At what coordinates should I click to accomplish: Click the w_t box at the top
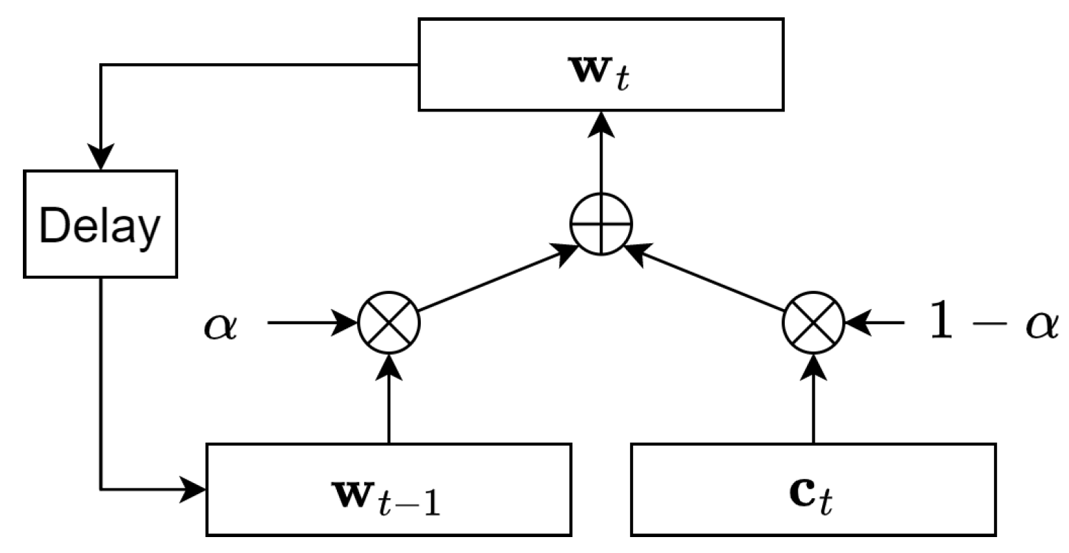(x=601, y=64)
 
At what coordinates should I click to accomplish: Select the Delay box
(x=101, y=225)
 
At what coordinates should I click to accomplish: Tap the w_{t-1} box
(x=388, y=489)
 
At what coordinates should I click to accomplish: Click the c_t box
(x=813, y=489)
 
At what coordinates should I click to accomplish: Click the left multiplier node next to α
(x=388, y=323)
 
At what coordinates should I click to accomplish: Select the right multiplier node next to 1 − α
(x=813, y=323)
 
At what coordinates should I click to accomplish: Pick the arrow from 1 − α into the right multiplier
(x=875, y=323)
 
